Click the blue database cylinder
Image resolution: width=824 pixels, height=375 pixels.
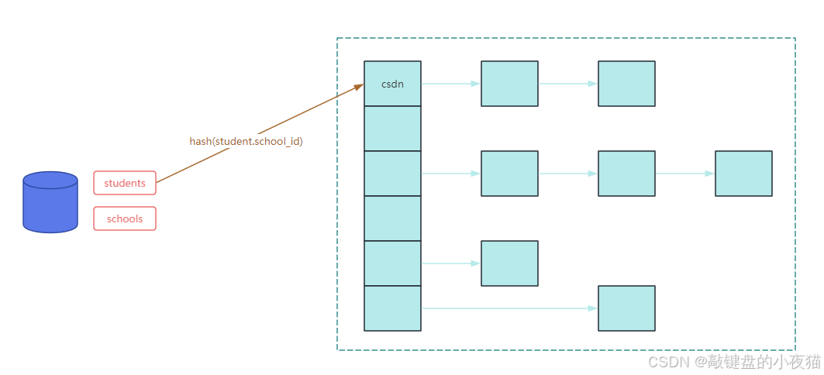(x=50, y=202)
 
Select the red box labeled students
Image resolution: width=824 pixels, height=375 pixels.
(x=125, y=183)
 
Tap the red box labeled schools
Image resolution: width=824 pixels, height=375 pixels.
(x=125, y=218)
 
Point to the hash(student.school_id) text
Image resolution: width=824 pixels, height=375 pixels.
(x=246, y=141)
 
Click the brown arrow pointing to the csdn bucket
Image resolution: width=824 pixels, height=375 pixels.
(x=295, y=117)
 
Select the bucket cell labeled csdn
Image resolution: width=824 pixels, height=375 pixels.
(x=392, y=84)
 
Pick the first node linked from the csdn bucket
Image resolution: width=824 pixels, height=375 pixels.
(x=509, y=84)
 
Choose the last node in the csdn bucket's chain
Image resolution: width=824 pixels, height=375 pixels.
(x=626, y=84)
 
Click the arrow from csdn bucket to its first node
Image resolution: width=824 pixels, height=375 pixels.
(x=450, y=84)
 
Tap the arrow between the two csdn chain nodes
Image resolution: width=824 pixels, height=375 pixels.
(x=567, y=84)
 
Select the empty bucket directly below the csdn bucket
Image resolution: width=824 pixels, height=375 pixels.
(x=392, y=129)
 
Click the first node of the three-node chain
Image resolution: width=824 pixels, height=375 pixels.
(x=509, y=174)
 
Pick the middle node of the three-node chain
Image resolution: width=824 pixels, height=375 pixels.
(x=626, y=174)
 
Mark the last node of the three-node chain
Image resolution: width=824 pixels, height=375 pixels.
(x=743, y=174)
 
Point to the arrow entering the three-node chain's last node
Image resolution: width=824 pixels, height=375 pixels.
(x=684, y=174)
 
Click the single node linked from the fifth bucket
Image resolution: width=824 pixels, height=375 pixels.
(x=509, y=263)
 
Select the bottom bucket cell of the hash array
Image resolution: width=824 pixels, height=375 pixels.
(x=392, y=308)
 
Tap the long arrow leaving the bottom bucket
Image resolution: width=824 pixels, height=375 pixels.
(x=509, y=308)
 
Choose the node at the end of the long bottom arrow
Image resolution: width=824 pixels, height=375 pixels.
(x=626, y=308)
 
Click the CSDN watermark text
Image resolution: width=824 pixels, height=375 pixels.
(x=733, y=362)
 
